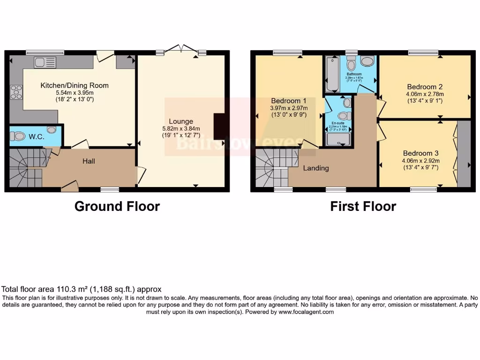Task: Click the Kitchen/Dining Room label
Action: [x=75, y=85]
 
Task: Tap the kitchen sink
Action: [x=45, y=62]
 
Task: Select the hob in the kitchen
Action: [x=16, y=92]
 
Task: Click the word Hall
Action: [x=89, y=161]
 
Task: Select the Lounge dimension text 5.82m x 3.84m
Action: [x=181, y=129]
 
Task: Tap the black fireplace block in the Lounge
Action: [x=219, y=126]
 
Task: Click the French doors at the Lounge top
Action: [x=180, y=50]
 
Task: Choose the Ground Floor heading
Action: [x=117, y=206]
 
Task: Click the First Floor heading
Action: [x=363, y=206]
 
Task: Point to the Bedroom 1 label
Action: [x=288, y=101]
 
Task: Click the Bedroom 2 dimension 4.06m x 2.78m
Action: [x=425, y=93]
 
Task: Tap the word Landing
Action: [x=315, y=168]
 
